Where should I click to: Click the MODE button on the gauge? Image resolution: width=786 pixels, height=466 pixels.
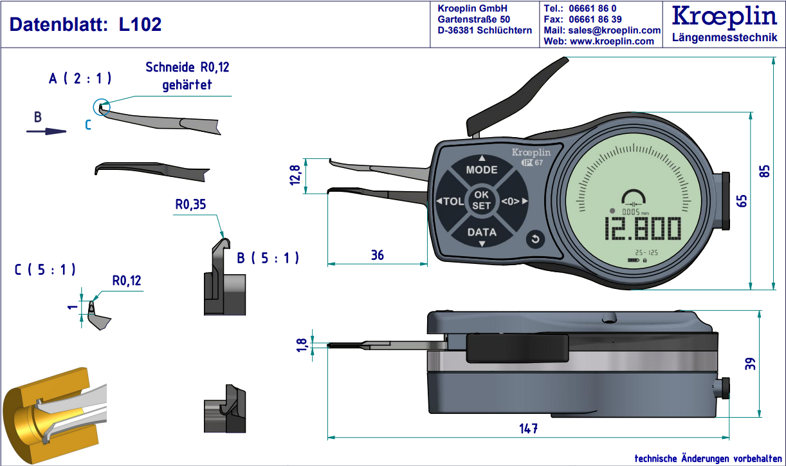(482, 170)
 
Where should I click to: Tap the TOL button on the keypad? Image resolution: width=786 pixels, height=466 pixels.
(451, 201)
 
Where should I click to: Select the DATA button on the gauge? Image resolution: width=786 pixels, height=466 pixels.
(482, 232)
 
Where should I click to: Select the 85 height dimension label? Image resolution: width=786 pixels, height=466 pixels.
(765, 172)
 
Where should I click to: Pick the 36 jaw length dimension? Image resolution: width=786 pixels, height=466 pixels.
(378, 256)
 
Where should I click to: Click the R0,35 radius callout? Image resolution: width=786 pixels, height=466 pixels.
(190, 205)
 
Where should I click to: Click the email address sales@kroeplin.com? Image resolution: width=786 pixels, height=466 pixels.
(602, 30)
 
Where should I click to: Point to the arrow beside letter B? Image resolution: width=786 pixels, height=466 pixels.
(46, 131)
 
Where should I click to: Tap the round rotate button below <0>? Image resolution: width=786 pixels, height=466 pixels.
(535, 240)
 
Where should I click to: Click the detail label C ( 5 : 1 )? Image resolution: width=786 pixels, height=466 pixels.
(45, 270)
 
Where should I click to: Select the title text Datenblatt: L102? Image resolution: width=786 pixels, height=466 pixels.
(85, 25)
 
